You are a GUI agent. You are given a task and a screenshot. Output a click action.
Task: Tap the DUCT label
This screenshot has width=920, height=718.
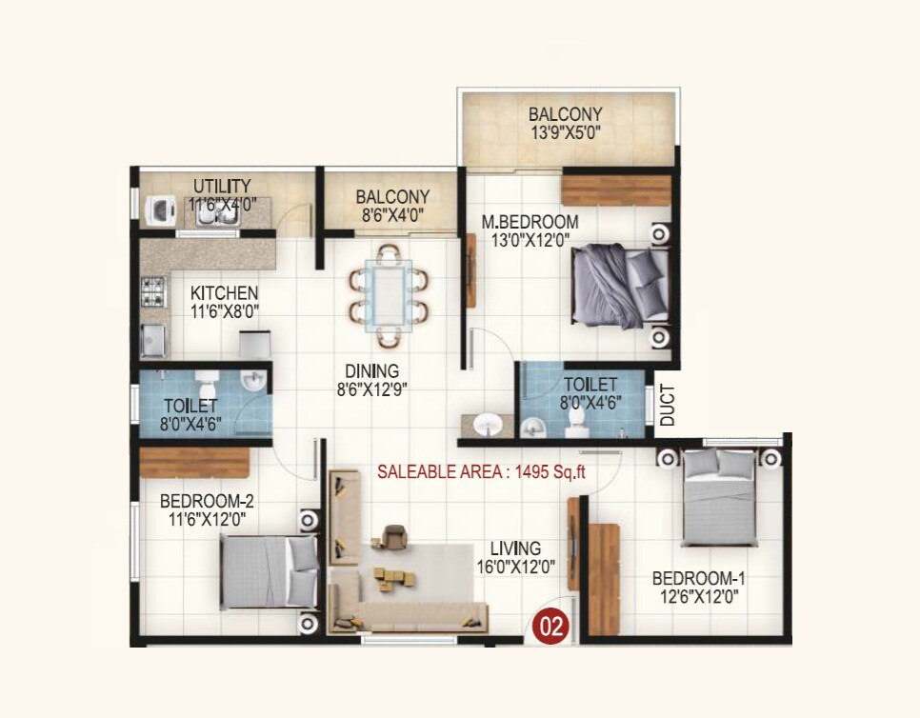[x=668, y=405]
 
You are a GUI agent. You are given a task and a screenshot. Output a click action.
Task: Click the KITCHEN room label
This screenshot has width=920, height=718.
[x=224, y=293]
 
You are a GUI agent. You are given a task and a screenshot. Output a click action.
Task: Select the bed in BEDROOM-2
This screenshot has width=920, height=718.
[x=270, y=570]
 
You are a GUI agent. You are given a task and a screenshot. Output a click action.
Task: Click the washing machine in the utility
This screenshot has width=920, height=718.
[x=158, y=209]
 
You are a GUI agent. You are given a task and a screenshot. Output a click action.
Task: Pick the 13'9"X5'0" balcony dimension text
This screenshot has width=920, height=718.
[x=566, y=133]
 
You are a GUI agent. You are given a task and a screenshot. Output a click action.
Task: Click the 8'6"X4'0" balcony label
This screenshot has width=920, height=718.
[x=392, y=214]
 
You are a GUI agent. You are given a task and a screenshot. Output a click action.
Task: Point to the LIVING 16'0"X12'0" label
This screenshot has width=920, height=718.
[x=516, y=557]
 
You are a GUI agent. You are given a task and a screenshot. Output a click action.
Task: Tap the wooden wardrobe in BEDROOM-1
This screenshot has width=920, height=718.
[x=603, y=577]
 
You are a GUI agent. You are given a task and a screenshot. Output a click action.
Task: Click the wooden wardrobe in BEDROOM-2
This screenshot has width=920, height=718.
[x=194, y=463]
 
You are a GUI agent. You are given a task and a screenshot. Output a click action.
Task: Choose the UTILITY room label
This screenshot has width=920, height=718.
[x=222, y=186]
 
